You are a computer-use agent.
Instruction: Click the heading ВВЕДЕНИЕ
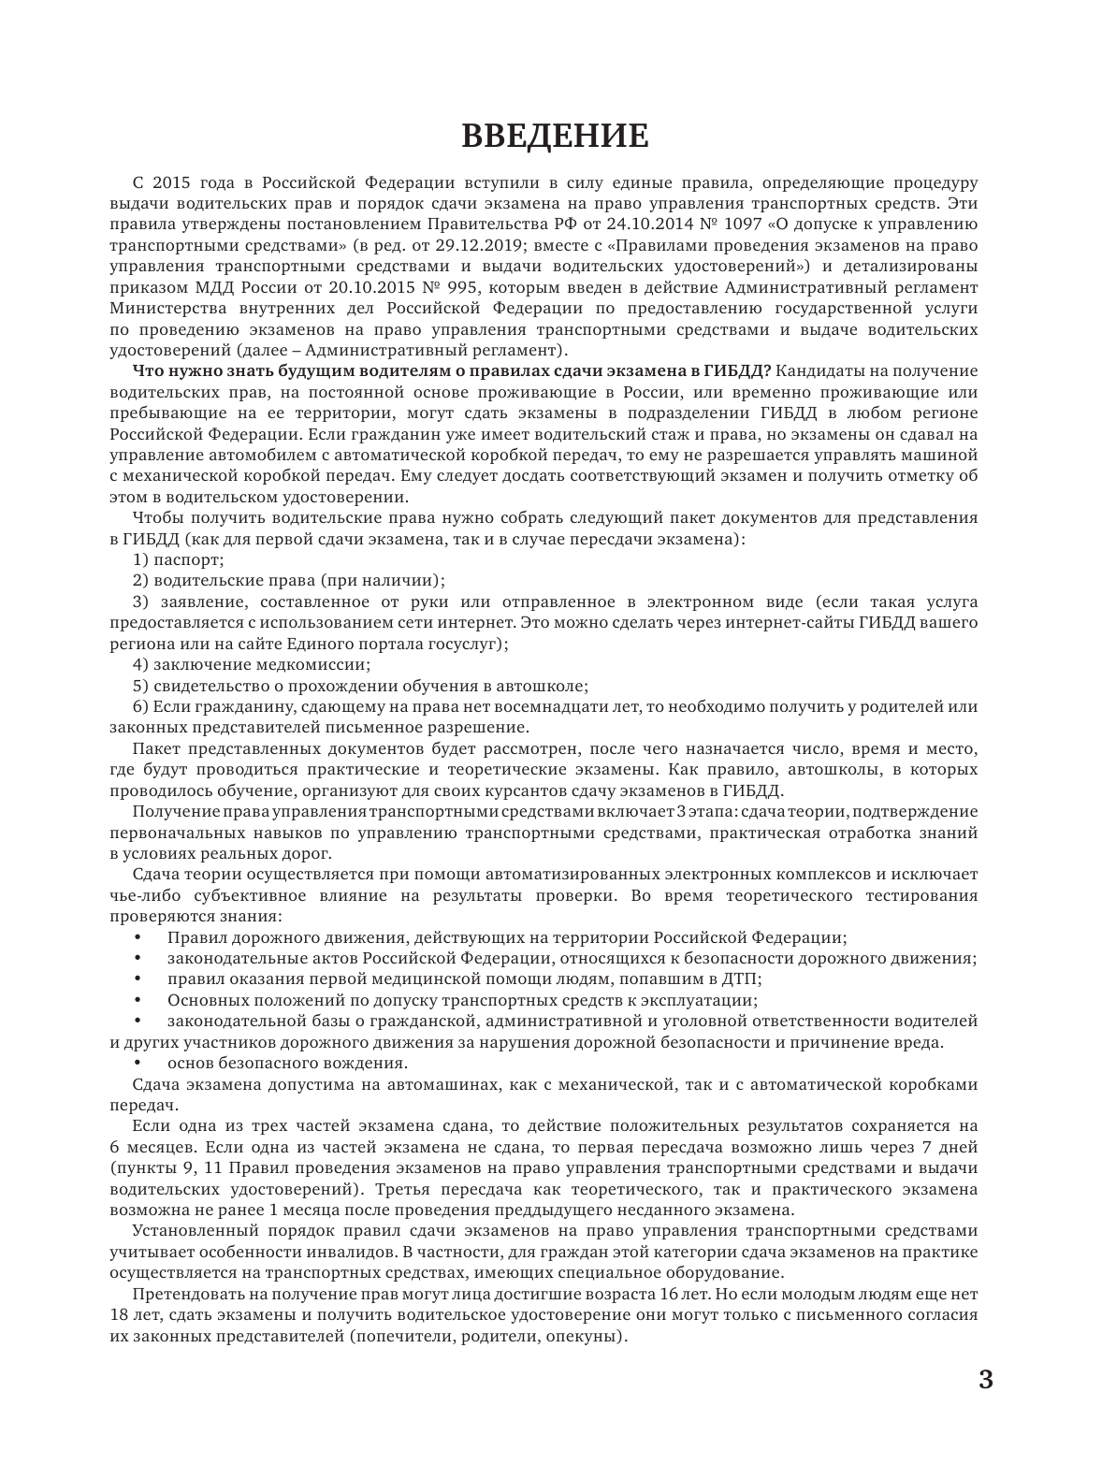coord(556,136)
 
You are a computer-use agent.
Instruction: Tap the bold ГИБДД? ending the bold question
coord(743,370)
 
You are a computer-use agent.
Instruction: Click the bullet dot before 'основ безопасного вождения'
coord(140,1064)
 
